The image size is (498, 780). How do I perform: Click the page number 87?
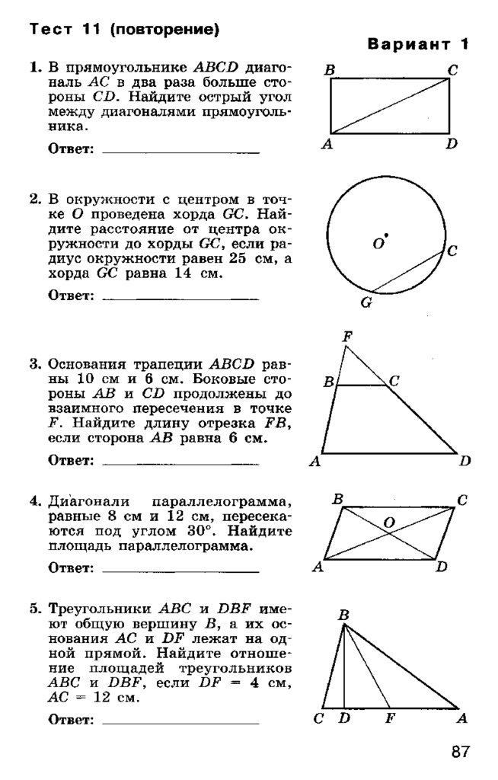[460, 753]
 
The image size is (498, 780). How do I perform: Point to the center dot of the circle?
[387, 235]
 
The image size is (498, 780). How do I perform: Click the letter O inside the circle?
[378, 244]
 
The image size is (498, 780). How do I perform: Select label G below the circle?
[366, 302]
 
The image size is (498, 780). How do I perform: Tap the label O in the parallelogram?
[388, 523]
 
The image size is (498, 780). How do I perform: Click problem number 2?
[34, 200]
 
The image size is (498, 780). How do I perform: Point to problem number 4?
[34, 501]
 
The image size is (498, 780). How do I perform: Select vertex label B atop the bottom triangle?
[343, 615]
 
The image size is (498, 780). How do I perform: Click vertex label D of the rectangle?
[452, 143]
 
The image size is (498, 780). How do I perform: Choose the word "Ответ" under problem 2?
[70, 295]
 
